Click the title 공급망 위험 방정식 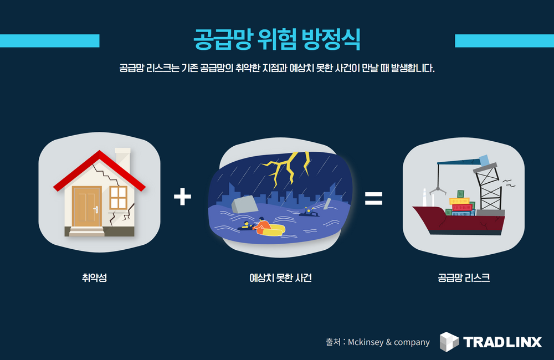tap(277, 39)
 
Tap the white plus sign tap(182, 197)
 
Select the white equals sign tap(373, 198)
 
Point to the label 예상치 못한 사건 tap(280, 277)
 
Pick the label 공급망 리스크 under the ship tap(463, 277)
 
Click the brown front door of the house tap(87, 207)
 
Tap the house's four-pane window tap(118, 198)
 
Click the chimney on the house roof tap(122, 157)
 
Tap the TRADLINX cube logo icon tap(449, 341)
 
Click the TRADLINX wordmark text tap(502, 342)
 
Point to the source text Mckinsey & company tap(388, 342)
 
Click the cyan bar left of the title tap(49, 41)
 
